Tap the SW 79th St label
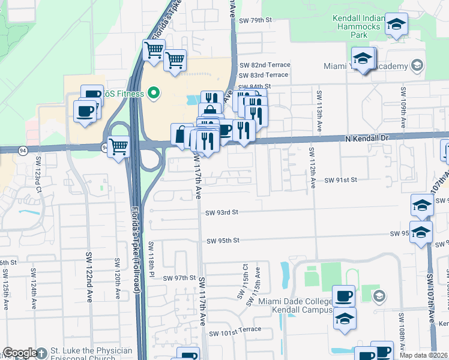point(256,20)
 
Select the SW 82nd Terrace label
point(265,65)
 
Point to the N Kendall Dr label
point(369,137)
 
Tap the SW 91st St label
point(341,180)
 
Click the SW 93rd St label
point(222,212)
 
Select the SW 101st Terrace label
point(235,329)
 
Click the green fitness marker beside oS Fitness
point(154,93)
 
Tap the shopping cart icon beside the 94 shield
point(119,145)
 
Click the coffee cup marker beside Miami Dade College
point(344,295)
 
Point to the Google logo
point(20,353)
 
